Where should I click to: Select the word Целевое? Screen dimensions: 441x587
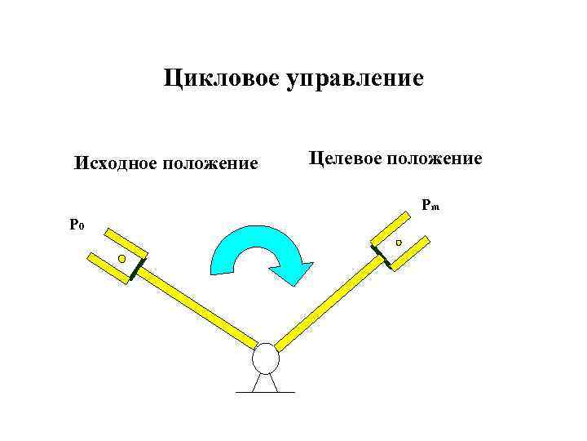(344, 158)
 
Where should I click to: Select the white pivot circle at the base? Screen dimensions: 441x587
(265, 358)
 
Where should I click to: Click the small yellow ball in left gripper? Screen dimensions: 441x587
(121, 259)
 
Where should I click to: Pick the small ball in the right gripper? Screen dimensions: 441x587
(398, 243)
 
